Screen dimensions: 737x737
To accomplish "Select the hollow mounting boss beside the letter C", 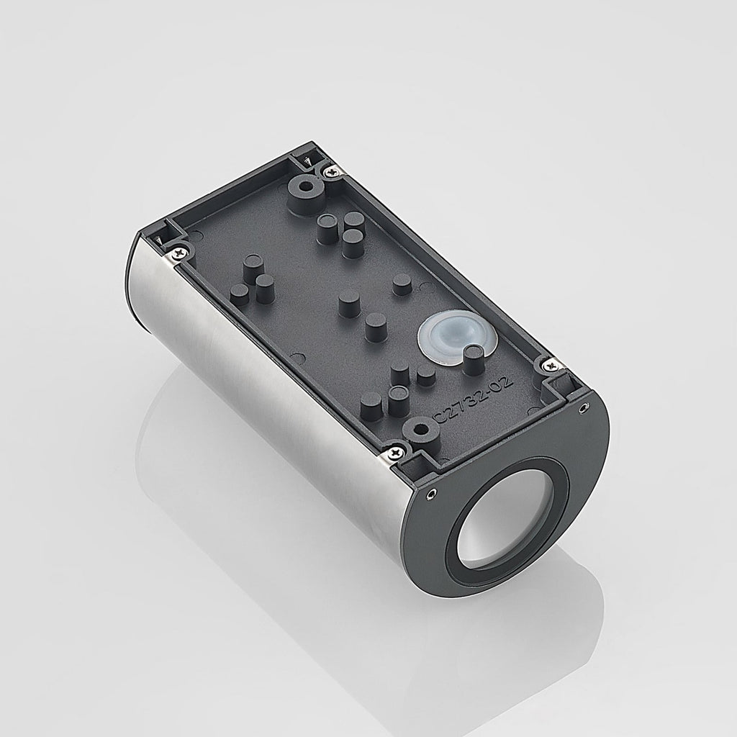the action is [422, 430].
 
